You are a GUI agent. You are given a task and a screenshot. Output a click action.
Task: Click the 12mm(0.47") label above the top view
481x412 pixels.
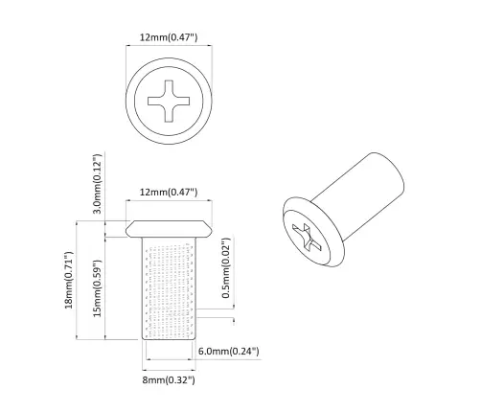tap(169, 37)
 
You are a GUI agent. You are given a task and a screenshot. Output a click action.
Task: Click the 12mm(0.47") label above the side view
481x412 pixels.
tap(169, 193)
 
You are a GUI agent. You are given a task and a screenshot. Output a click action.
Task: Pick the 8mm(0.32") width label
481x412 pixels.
tap(169, 380)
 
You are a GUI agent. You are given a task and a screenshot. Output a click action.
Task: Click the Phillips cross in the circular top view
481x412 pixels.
tap(169, 102)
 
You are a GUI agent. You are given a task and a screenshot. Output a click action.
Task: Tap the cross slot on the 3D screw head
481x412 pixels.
tap(306, 236)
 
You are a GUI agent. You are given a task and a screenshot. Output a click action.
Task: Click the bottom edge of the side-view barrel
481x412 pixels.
tap(169, 341)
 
